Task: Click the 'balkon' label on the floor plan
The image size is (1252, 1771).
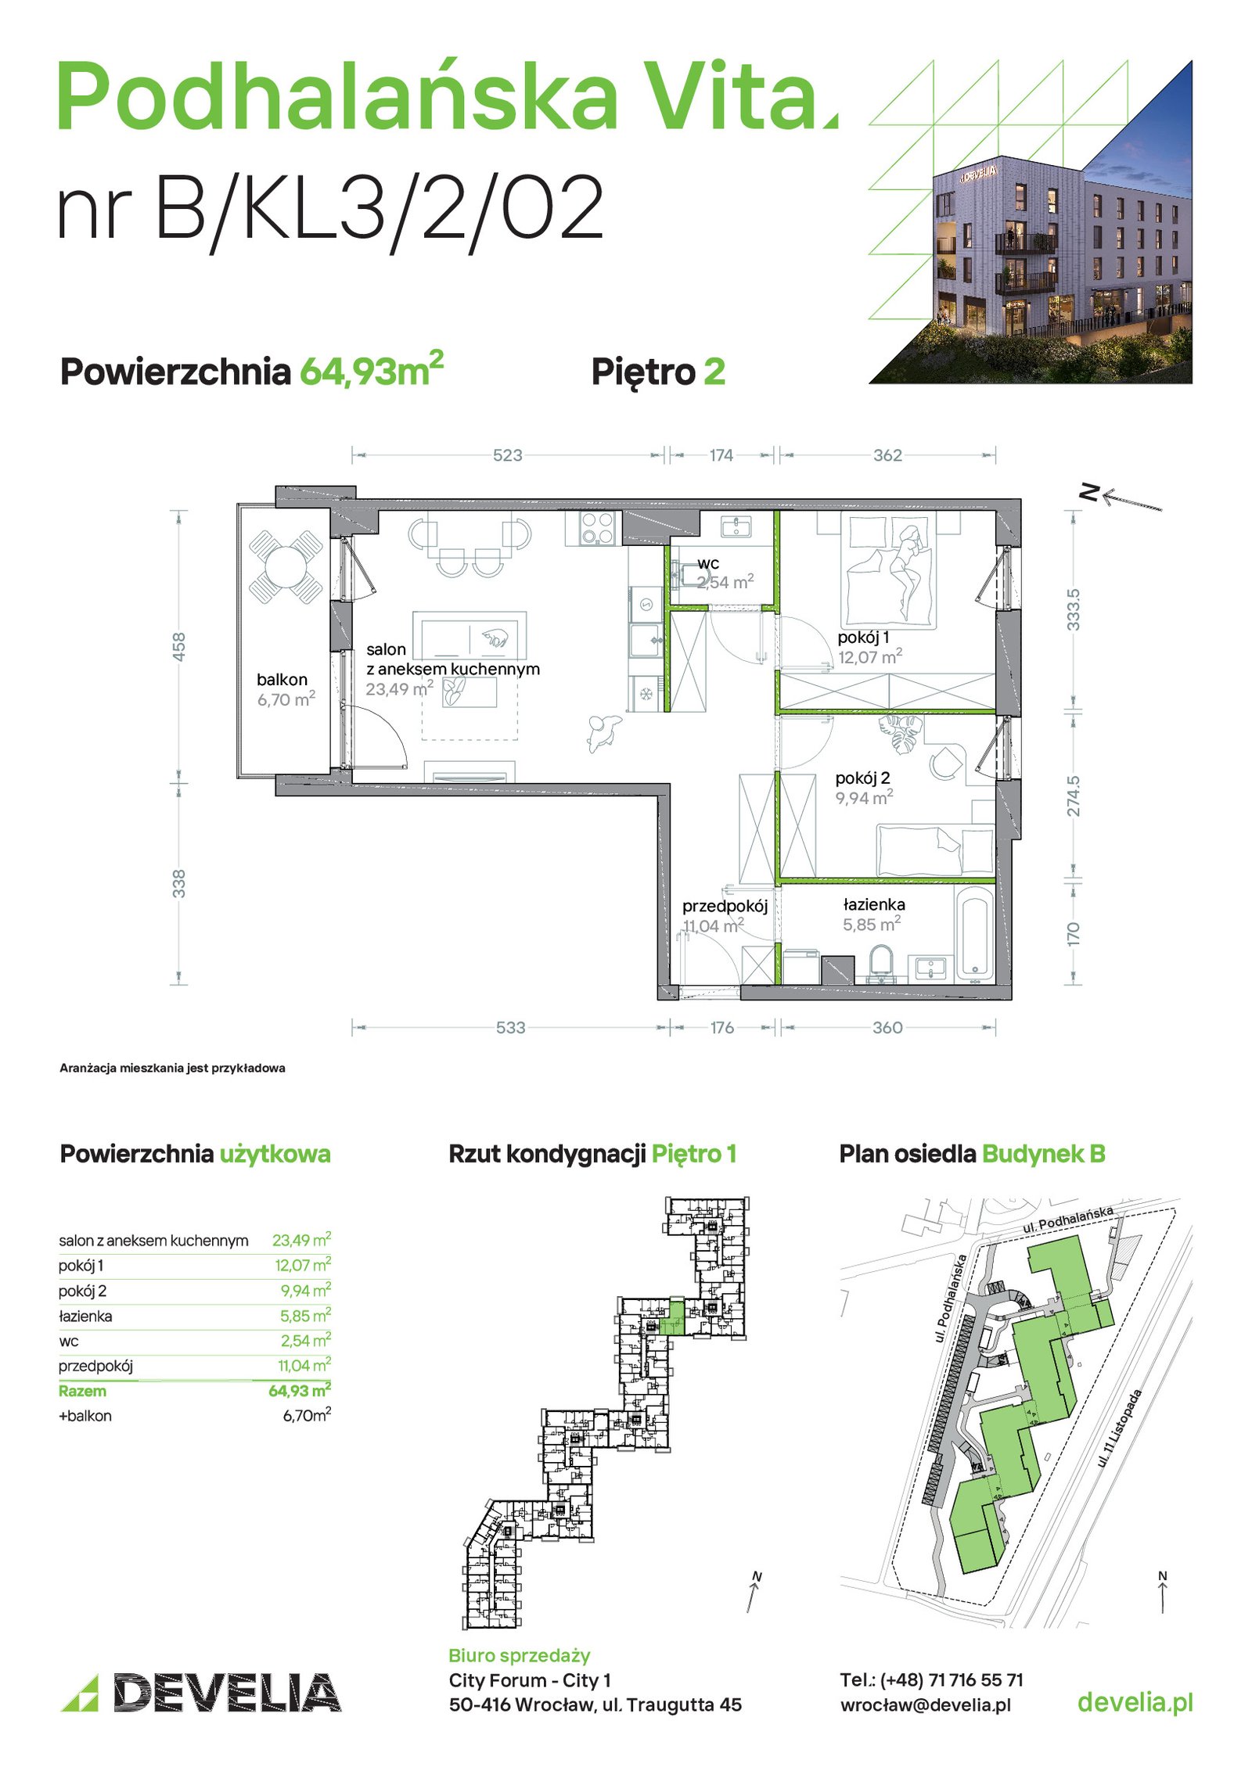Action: click(x=282, y=680)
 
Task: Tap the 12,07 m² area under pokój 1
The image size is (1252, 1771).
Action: click(x=869, y=656)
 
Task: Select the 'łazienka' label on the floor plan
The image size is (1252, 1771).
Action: click(x=874, y=904)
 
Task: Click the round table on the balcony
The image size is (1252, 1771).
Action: click(x=286, y=566)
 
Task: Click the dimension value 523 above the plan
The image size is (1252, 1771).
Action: click(x=507, y=455)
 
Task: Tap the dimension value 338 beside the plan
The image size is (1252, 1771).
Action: click(x=179, y=883)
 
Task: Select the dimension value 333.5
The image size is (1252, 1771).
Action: click(x=1073, y=610)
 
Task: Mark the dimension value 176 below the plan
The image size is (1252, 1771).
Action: click(x=721, y=1027)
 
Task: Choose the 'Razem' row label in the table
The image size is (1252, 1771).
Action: click(x=82, y=1391)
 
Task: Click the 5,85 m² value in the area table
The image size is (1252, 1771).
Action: click(x=305, y=1316)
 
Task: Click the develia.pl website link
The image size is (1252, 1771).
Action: click(x=1135, y=1701)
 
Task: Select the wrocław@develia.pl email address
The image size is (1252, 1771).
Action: click(x=926, y=1705)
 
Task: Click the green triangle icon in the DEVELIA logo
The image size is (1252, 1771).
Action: click(x=80, y=1693)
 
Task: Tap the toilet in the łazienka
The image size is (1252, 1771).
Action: click(x=880, y=963)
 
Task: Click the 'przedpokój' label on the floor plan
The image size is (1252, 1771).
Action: click(x=725, y=906)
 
